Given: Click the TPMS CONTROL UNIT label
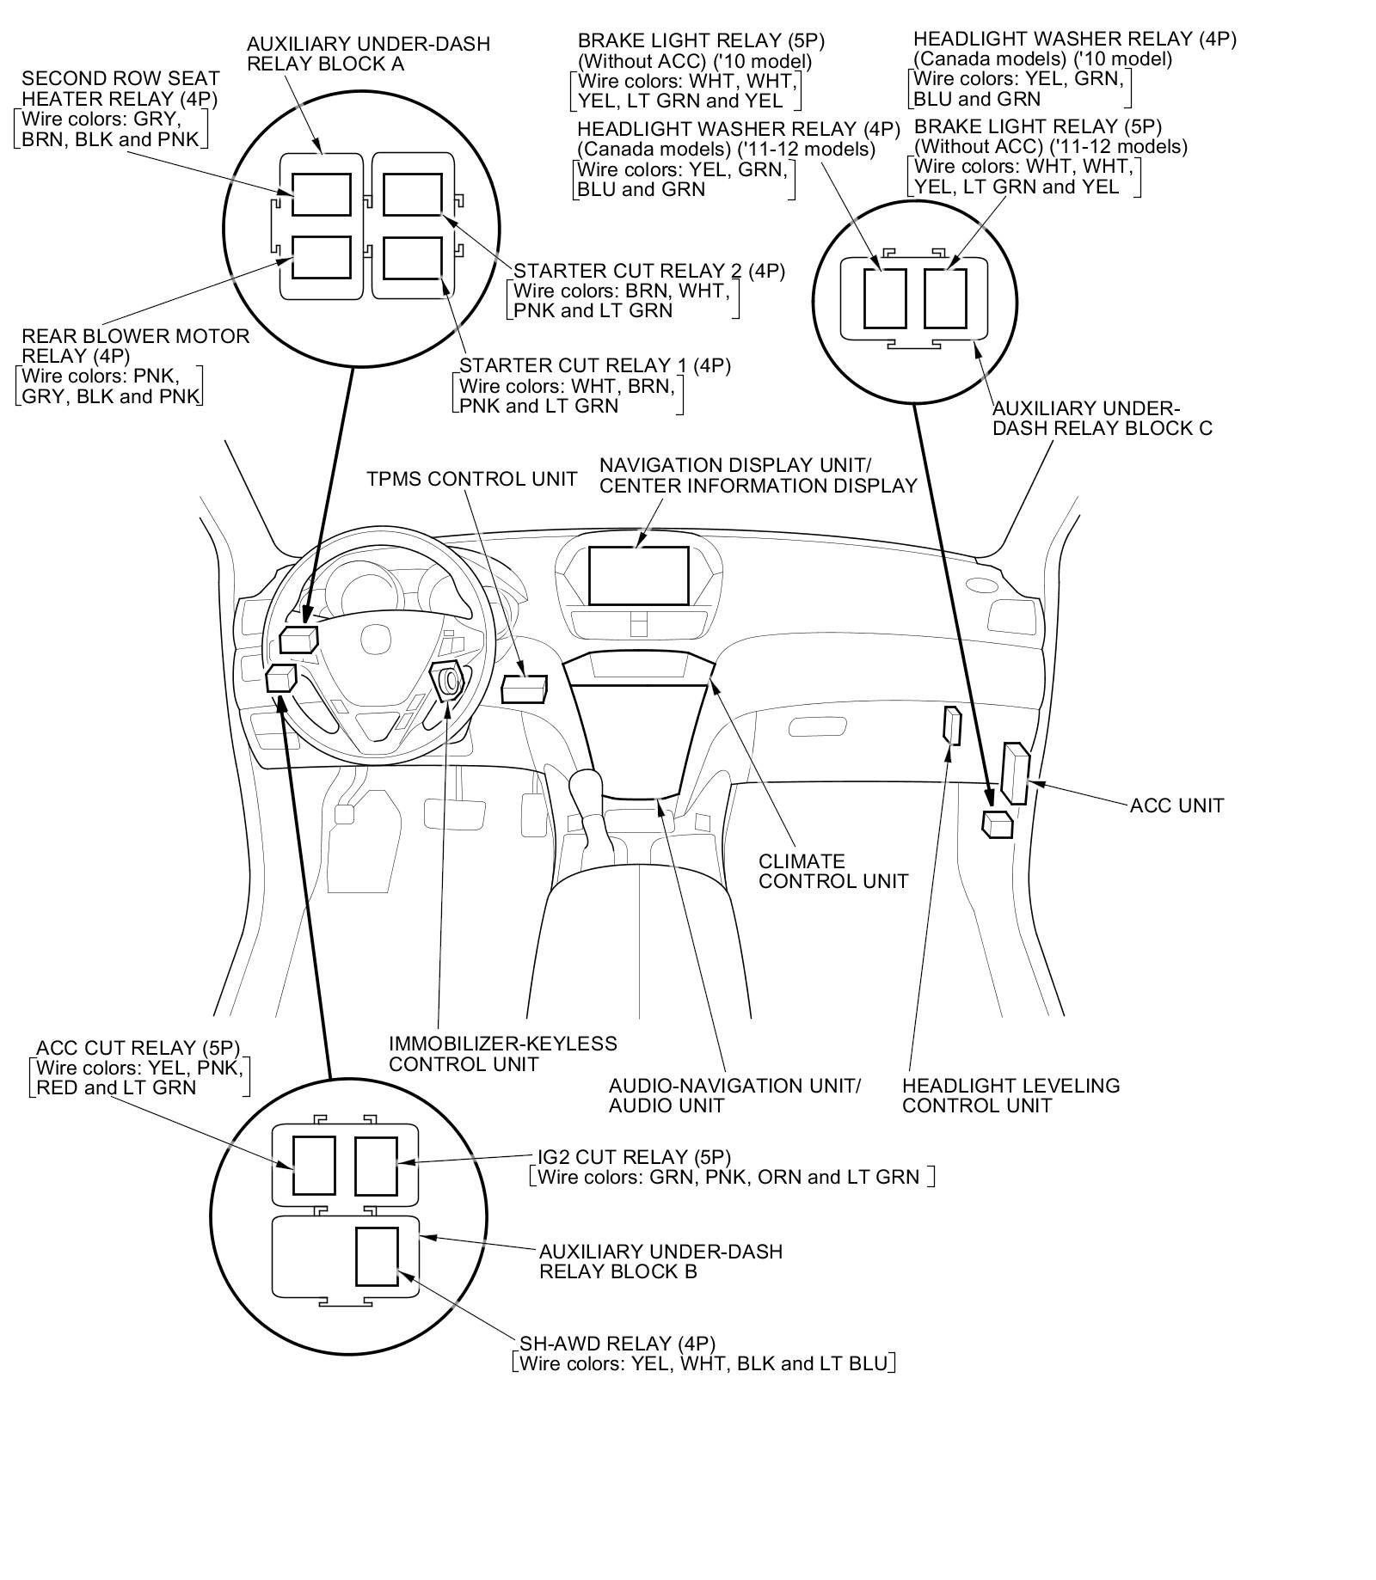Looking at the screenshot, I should pos(471,479).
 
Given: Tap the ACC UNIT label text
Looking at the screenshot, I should pos(1176,805).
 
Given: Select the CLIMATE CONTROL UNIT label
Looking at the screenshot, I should pos(832,871).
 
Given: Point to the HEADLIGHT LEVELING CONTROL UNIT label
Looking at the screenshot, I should pos(1010,1095).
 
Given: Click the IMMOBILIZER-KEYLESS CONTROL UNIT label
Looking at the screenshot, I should pos(502,1054).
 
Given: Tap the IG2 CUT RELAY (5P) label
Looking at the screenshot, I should pos(634,1156).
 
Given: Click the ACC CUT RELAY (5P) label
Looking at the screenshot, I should pos(138,1048).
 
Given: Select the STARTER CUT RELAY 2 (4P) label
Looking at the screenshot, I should pos(648,271).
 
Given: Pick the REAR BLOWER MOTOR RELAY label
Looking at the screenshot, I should pos(135,346).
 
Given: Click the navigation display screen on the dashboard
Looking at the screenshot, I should pos(638,575).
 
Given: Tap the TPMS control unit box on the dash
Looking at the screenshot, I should pos(524,689).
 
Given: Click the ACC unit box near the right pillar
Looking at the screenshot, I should pos(1015,774).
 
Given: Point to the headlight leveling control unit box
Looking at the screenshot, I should pos(951,726).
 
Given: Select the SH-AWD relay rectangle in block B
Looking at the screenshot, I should pos(377,1256).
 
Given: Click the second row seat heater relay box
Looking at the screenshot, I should pos(321,194).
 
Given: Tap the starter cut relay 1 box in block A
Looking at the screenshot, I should pos(412,258).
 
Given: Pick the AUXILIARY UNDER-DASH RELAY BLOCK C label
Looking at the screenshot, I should pos(1102,418).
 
